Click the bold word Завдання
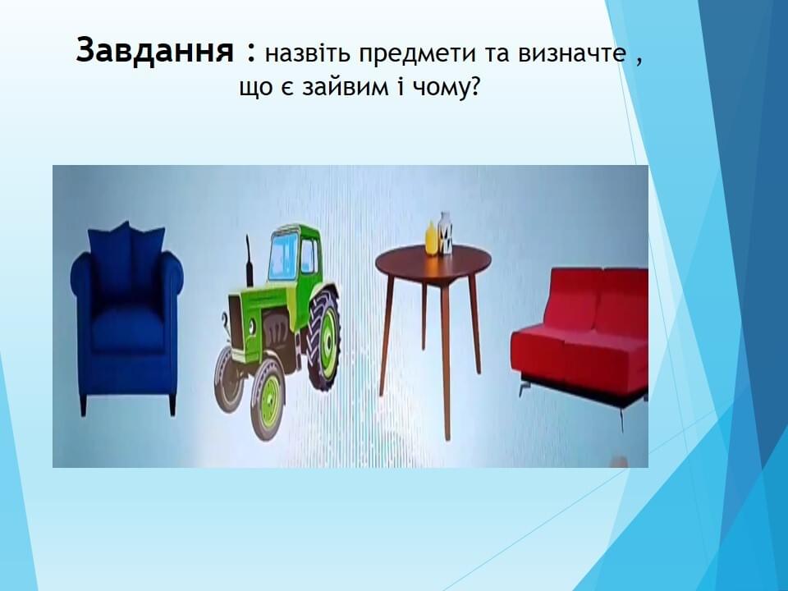point(155,51)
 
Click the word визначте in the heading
point(572,53)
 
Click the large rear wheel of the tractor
point(324,337)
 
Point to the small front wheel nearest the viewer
point(268,399)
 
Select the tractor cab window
point(282,257)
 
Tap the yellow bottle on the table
point(431,238)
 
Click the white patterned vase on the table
point(445,233)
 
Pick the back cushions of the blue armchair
point(126,261)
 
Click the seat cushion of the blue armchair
point(129,328)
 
